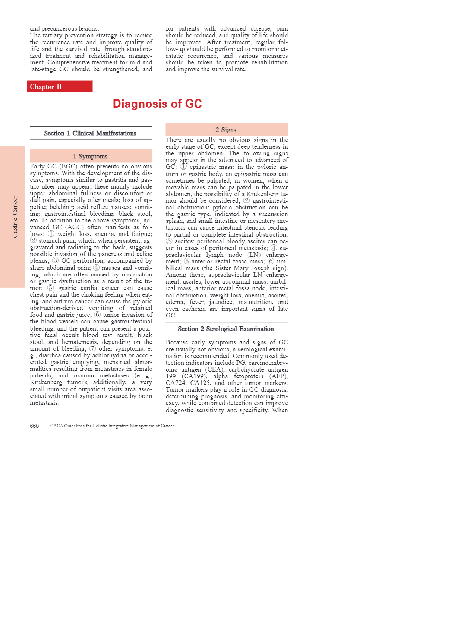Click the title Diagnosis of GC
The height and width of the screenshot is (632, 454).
coord(157,104)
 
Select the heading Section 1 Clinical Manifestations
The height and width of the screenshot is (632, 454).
coord(90,133)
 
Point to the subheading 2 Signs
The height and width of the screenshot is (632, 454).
coord(226,130)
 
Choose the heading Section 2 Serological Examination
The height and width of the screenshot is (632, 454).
coord(226,329)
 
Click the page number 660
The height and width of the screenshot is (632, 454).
coord(34,426)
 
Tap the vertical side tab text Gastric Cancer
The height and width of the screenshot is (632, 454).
coord(15,217)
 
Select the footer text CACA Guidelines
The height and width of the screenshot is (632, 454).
coord(112,426)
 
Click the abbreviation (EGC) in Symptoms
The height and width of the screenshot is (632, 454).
coord(68,167)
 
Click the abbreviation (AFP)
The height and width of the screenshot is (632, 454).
coord(278,376)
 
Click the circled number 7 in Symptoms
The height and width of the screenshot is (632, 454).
coord(92,349)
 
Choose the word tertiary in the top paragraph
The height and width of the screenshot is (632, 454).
coord(56,35)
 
